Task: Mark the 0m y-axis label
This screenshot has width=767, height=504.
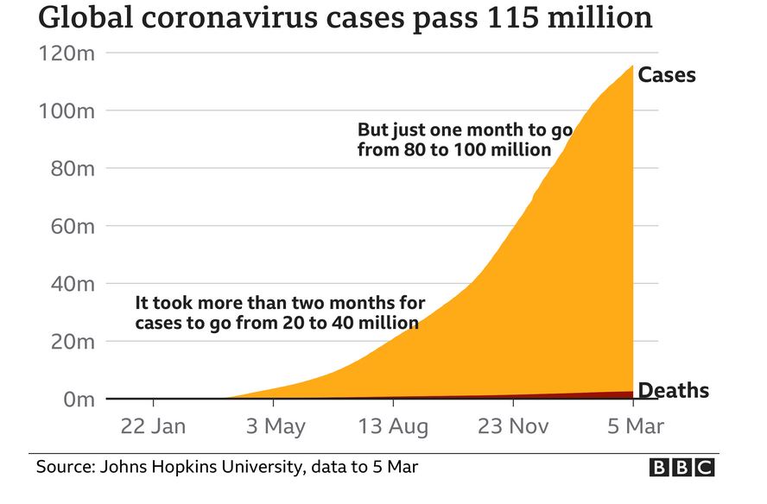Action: pyautogui.click(x=75, y=400)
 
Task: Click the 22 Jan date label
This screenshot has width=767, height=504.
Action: pyautogui.click(x=153, y=425)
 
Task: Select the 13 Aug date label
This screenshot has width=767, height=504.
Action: pyautogui.click(x=393, y=425)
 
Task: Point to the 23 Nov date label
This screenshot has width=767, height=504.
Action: pyautogui.click(x=514, y=425)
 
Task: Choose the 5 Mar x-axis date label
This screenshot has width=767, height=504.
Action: pyautogui.click(x=633, y=425)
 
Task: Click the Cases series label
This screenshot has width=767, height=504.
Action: pyautogui.click(x=666, y=75)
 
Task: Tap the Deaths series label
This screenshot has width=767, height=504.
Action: pyautogui.click(x=673, y=391)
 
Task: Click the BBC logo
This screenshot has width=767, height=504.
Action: pyautogui.click(x=682, y=468)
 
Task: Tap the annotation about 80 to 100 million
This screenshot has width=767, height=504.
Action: pyautogui.click(x=465, y=140)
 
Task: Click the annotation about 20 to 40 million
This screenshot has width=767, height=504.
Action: pyautogui.click(x=280, y=313)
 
